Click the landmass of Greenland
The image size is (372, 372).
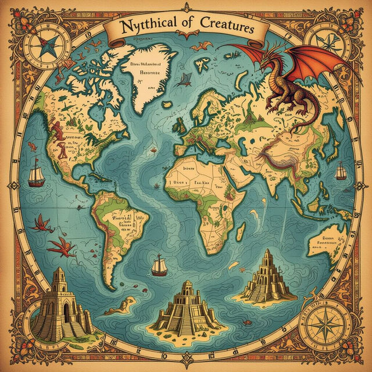pyautogui.click(x=148, y=76)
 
